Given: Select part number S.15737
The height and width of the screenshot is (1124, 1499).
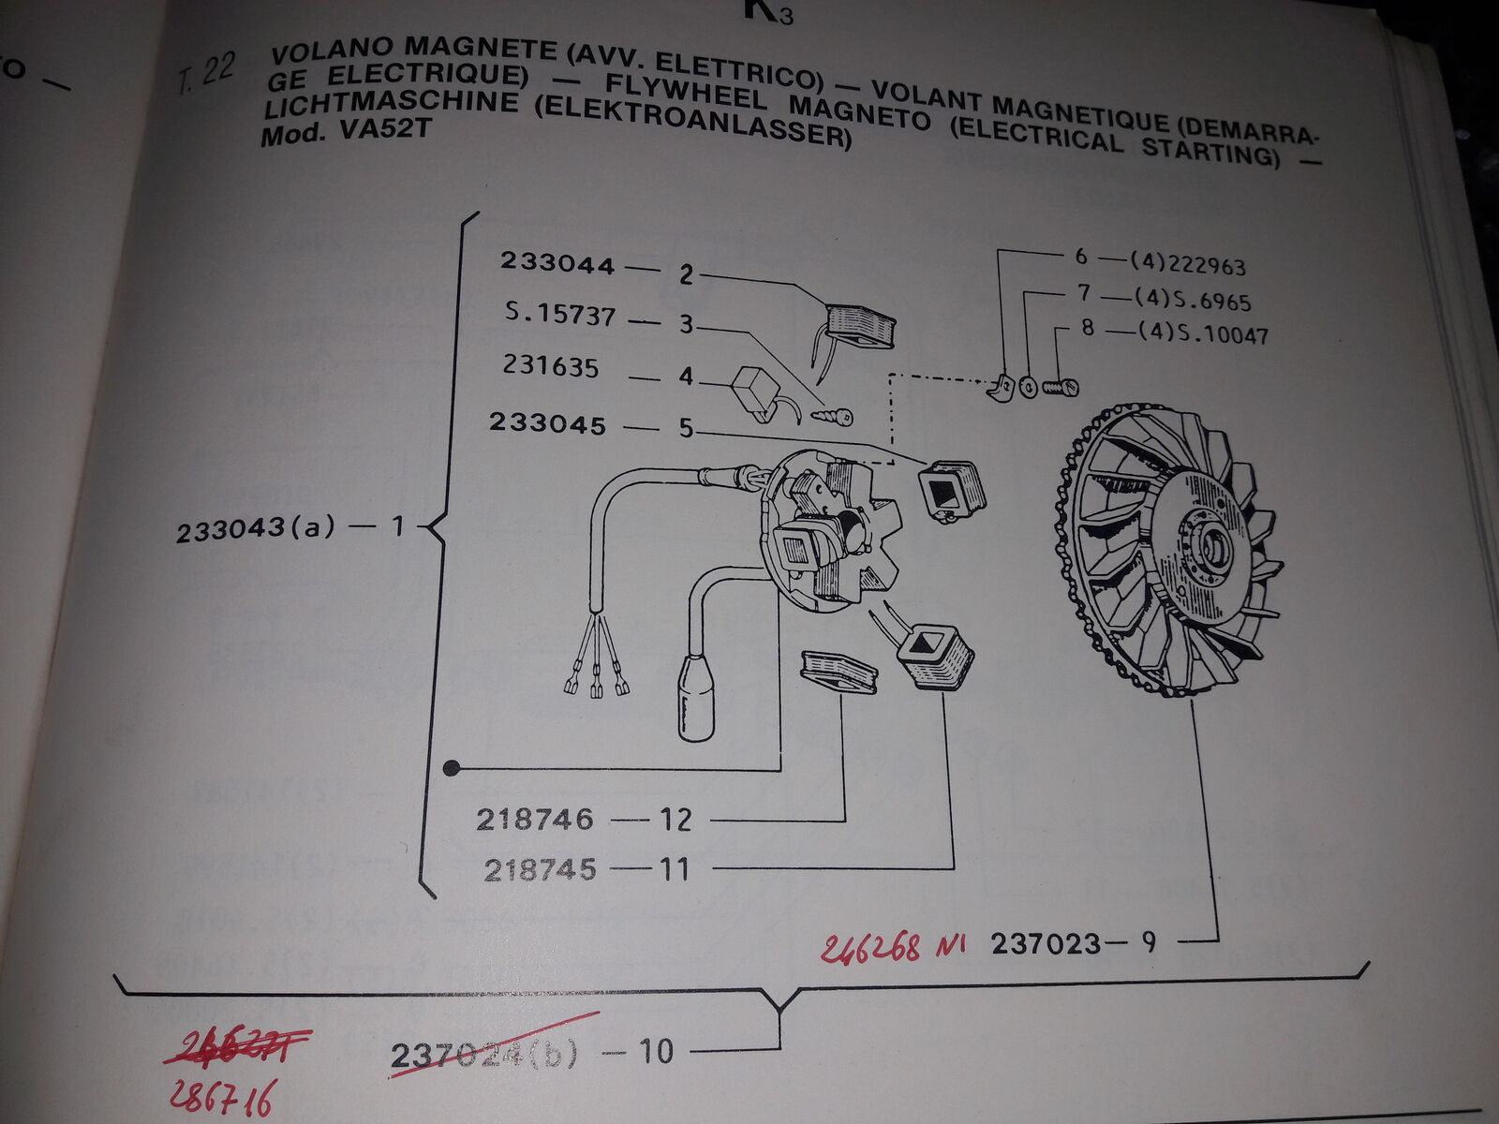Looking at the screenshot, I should [560, 314].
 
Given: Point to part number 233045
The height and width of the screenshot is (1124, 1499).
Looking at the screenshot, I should [547, 422].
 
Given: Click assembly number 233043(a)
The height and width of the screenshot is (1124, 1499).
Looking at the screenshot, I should [255, 529].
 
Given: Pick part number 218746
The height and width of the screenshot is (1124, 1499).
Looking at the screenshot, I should [534, 820].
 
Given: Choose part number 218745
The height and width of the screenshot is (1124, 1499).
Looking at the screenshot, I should [540, 870].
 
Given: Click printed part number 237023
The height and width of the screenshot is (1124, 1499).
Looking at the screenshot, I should [1046, 943].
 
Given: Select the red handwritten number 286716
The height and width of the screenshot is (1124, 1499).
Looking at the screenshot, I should [222, 1097].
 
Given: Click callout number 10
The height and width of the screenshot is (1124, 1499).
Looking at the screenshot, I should [656, 1051].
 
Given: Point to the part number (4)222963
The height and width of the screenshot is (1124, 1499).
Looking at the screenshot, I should [1189, 265].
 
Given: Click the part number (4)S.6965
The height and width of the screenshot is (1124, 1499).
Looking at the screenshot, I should [1192, 301].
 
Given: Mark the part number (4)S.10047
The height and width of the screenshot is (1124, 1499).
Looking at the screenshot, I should [1202, 333].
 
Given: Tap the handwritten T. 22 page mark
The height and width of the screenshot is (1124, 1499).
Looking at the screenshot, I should [205, 74].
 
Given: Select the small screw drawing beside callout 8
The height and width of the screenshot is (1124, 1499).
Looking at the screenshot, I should [1060, 385].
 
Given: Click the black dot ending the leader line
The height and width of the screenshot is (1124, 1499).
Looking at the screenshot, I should [452, 769].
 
